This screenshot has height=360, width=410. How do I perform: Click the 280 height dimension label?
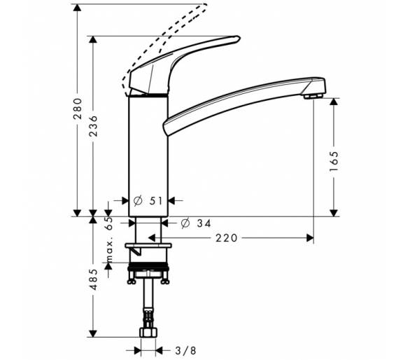78,109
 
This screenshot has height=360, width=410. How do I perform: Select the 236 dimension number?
93,126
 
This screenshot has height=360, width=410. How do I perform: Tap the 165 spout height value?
334,161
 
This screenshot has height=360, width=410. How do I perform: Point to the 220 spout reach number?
227,238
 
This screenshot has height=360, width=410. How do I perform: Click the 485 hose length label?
93,279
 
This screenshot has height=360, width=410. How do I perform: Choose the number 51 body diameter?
156,201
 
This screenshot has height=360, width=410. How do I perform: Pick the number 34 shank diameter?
204,223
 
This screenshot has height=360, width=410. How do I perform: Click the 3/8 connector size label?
185,350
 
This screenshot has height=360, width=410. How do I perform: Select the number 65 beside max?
109,223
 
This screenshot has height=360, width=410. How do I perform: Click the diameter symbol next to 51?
138,201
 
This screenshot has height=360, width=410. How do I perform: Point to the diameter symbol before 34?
185,223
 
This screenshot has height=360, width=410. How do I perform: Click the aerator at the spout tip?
313,96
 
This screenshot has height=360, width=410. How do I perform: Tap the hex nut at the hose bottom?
148,332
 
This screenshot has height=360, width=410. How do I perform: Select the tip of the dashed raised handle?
206,5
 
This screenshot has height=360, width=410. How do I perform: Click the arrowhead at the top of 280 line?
77,8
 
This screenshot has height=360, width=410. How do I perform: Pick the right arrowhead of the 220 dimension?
310,238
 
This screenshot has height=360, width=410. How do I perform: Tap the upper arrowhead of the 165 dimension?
334,102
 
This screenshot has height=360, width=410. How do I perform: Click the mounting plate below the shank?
148,246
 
